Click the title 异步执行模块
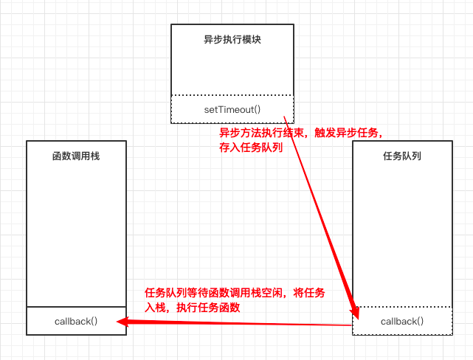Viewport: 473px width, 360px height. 232,40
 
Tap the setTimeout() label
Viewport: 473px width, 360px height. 232,109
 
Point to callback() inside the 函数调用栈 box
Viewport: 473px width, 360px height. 76,321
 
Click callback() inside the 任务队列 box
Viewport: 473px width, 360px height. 402,321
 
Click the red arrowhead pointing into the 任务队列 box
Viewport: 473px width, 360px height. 355,311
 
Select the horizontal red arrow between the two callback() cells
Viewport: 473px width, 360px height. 236,323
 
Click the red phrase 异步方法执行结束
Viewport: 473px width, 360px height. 255,133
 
